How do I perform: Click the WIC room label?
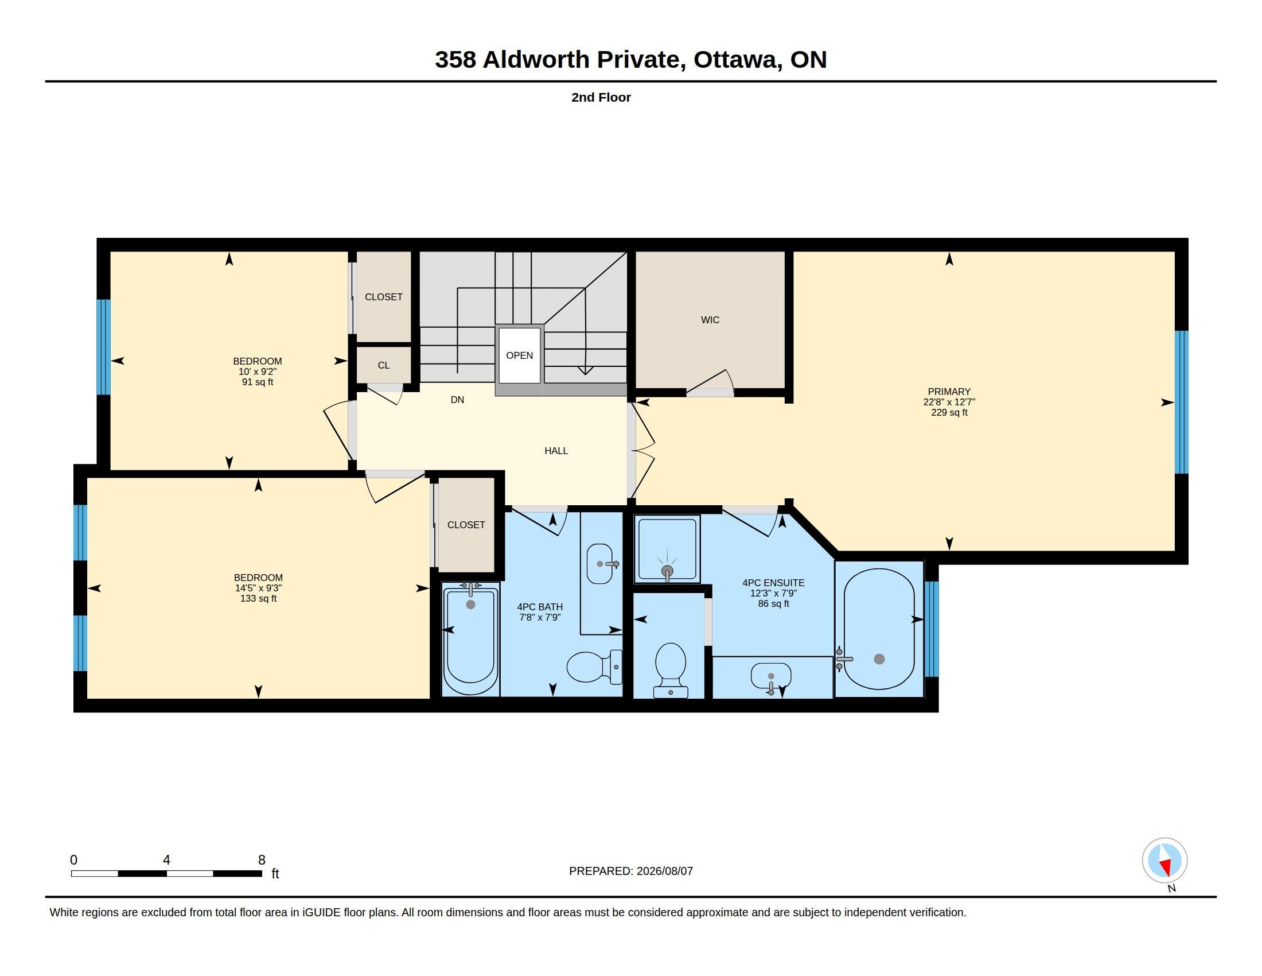pos(710,320)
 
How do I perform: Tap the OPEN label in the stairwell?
pos(520,355)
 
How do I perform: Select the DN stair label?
pos(457,400)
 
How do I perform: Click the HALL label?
pos(556,451)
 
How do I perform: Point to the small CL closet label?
pos(384,365)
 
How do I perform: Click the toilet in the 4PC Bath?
pos(595,667)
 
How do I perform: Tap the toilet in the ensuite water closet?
pos(670,670)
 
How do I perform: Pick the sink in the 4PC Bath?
pos(601,564)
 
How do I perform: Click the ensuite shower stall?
pos(667,549)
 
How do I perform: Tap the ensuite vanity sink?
pos(771,677)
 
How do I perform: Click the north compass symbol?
pos(1164,861)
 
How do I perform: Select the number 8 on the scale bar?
pos(261,860)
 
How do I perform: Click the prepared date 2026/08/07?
pos(664,871)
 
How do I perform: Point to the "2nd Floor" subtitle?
pos(601,97)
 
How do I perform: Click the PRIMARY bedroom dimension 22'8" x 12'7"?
pos(949,402)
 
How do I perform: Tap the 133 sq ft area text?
pos(258,598)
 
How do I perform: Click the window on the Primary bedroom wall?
pos(1182,402)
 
